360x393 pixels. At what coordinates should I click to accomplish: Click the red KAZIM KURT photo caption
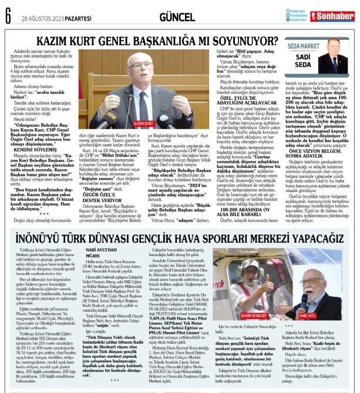pyautogui.click(x=143, y=124)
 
